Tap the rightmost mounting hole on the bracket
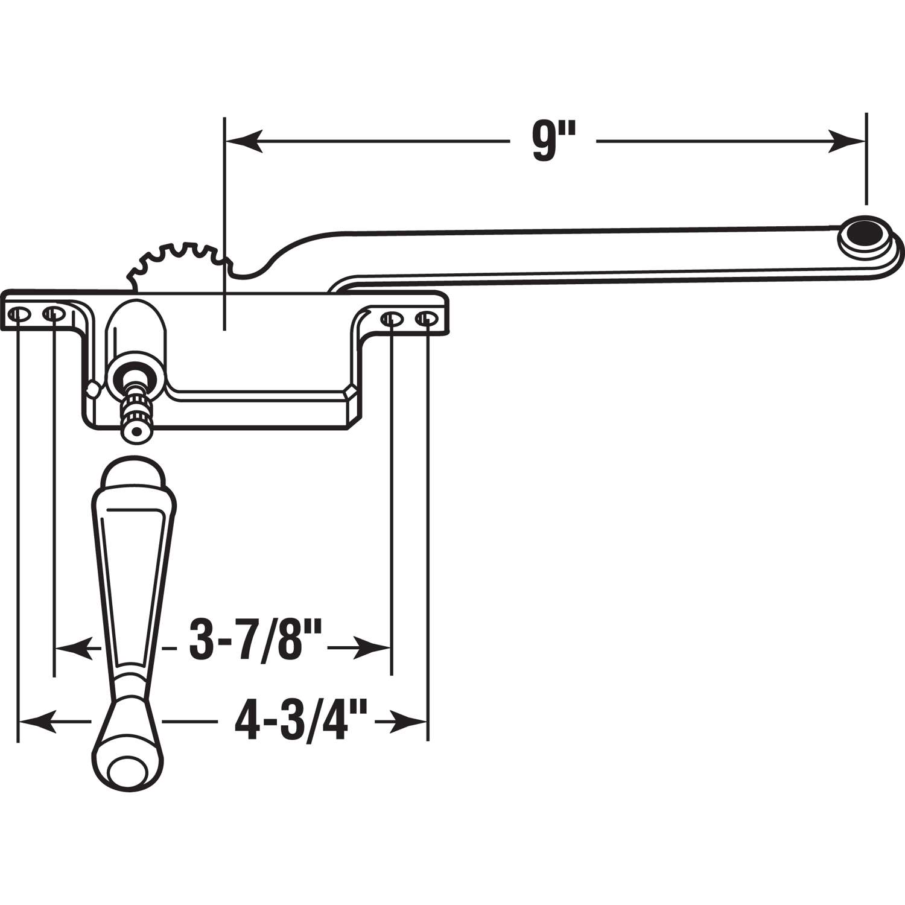[x=427, y=318]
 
